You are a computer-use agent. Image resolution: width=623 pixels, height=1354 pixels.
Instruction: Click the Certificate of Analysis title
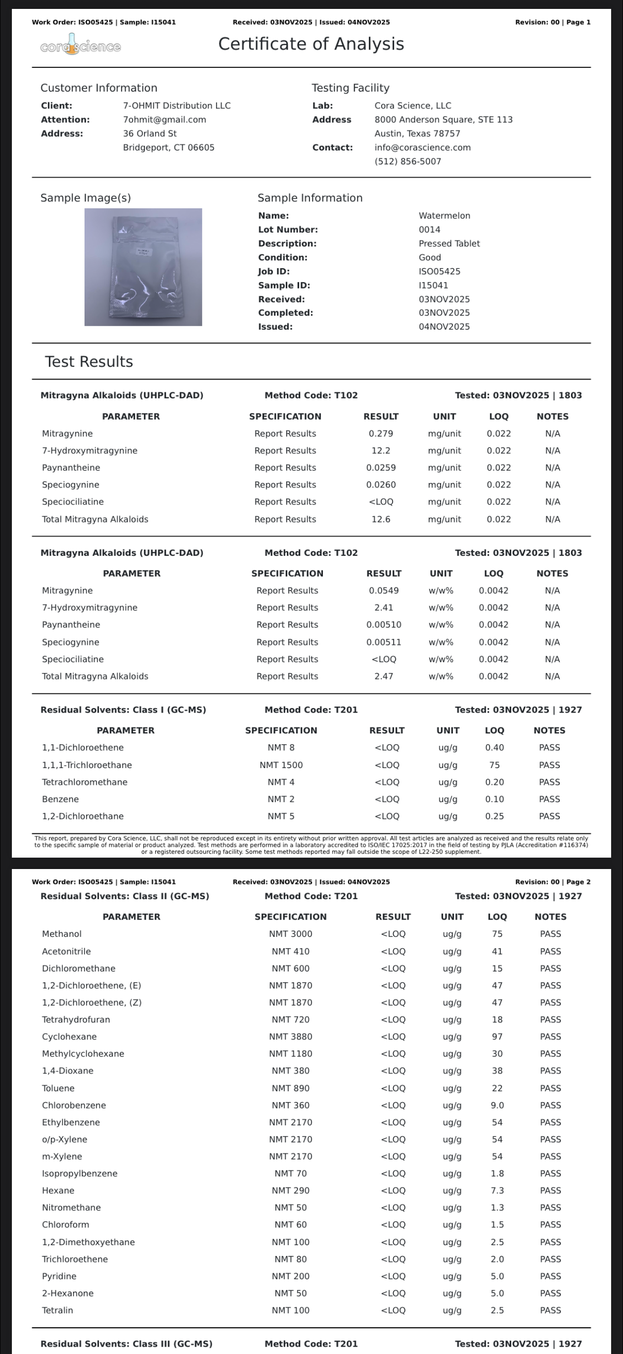(x=311, y=44)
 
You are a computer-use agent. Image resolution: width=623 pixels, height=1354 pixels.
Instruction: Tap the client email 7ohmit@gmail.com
(x=165, y=120)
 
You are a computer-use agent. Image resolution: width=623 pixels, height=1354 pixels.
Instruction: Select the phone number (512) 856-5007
(x=407, y=161)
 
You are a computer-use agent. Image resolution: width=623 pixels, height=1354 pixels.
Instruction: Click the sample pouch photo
(x=143, y=267)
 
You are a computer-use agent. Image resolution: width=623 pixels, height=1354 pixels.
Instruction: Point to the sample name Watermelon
(x=444, y=215)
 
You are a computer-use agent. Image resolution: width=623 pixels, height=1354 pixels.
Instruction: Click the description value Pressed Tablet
(x=449, y=243)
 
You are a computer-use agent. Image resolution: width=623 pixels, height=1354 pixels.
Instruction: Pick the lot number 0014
(x=429, y=230)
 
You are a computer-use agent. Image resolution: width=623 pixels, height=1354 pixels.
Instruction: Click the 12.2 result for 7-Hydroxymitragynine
(x=381, y=450)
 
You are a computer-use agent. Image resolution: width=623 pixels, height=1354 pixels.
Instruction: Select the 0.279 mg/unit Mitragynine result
(x=381, y=434)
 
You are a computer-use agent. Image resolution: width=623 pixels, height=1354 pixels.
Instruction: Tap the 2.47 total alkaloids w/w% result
(x=384, y=676)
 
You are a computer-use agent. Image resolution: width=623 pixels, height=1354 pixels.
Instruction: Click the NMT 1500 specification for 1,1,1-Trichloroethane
(x=281, y=765)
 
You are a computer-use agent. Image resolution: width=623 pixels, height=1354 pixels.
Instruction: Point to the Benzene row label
(x=60, y=799)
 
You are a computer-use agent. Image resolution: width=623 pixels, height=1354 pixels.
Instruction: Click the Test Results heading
(x=89, y=362)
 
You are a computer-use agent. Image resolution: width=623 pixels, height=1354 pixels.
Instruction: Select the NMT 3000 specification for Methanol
(x=291, y=933)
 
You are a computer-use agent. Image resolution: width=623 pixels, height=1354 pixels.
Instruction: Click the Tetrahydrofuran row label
(x=76, y=1019)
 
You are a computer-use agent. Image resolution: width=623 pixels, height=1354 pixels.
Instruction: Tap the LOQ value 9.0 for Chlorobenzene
(x=497, y=1105)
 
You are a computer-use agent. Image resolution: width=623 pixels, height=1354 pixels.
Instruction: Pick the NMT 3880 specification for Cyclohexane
(x=291, y=1036)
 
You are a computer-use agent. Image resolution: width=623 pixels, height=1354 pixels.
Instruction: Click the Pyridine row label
(x=59, y=1276)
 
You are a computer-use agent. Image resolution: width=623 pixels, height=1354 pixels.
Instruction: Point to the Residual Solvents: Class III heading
(x=127, y=1344)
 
